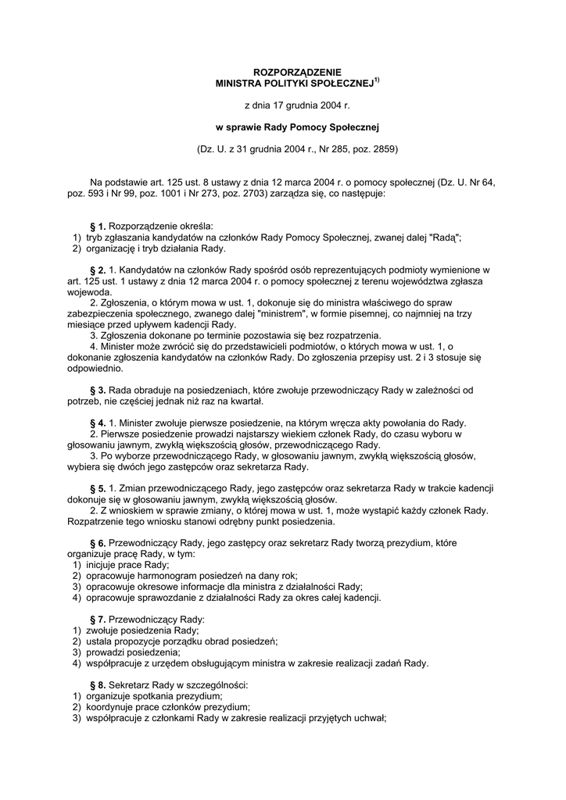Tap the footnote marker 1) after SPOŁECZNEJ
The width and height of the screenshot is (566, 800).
(376, 79)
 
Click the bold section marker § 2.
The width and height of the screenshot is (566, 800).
(98, 270)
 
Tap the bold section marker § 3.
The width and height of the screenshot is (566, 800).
(98, 389)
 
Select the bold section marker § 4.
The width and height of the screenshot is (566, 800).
(98, 423)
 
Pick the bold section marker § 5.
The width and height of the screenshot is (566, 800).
(98, 488)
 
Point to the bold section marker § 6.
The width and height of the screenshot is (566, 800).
(98, 542)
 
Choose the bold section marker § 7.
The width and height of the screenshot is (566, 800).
(98, 619)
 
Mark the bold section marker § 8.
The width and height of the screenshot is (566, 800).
(98, 684)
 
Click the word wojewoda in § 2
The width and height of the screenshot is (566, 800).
(88, 291)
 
